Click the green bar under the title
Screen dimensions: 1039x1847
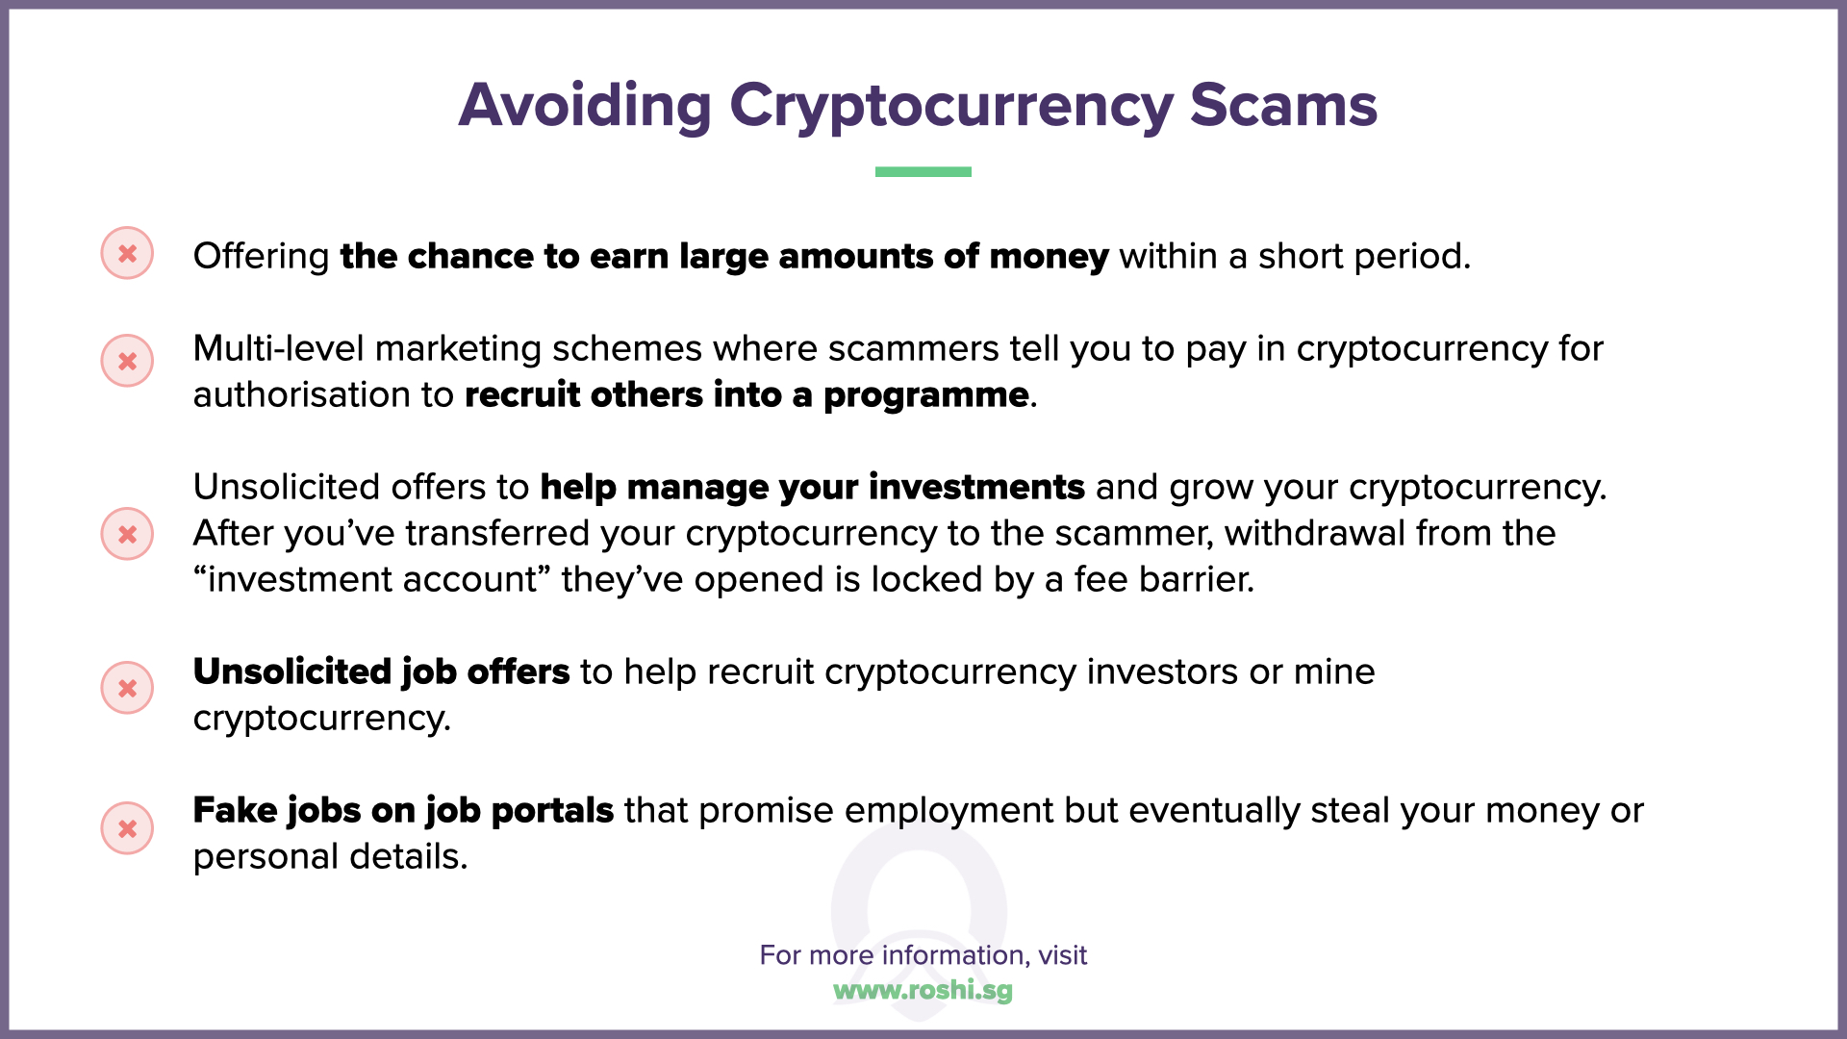pyautogui.click(x=923, y=171)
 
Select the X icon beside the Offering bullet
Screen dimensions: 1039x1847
pyautogui.click(x=127, y=253)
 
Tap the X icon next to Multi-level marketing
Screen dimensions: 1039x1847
pyautogui.click(x=127, y=361)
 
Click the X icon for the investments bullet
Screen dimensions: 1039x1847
pyautogui.click(x=127, y=534)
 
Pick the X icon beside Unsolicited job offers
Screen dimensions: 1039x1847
pyautogui.click(x=127, y=688)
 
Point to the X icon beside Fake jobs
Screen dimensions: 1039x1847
pyautogui.click(x=127, y=828)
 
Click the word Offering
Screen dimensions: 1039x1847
pyautogui.click(x=262, y=256)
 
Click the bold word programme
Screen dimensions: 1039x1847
pyautogui.click(x=925, y=394)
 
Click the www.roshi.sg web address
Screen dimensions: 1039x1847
pyautogui.click(x=923, y=990)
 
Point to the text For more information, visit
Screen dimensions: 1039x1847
pyautogui.click(x=923, y=954)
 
